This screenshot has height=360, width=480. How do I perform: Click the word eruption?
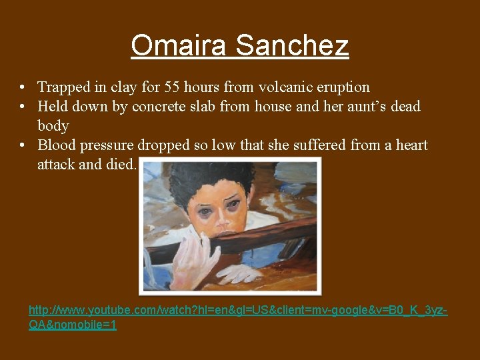click(340, 87)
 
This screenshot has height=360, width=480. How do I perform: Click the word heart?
click(409, 145)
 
